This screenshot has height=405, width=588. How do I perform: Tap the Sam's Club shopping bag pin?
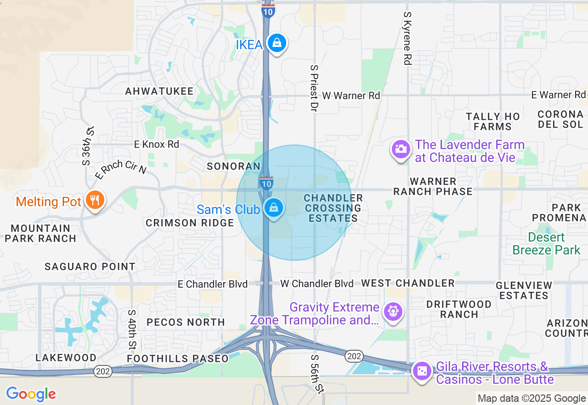point(274,208)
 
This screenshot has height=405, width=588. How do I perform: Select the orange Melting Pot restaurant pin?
point(95,200)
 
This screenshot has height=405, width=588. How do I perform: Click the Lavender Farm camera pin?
point(401,149)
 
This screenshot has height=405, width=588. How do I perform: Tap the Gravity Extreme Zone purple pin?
point(393,312)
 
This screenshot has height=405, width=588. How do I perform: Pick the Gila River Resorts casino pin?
point(422,371)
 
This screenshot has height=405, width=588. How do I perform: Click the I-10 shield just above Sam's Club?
point(266,182)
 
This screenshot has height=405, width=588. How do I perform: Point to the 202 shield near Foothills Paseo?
point(102,371)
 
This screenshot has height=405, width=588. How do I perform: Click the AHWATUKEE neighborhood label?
point(159,91)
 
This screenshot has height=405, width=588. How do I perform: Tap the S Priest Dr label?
point(314,88)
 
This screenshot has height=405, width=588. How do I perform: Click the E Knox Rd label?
point(157,145)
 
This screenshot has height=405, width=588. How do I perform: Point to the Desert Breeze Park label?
point(547,244)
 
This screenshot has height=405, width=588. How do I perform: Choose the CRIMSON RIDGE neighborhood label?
point(190,223)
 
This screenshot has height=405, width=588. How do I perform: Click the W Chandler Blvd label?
point(317,283)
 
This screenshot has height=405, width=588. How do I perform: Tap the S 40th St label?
point(132,329)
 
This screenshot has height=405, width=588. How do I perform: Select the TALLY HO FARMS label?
point(493,121)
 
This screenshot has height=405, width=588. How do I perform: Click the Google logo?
point(31,394)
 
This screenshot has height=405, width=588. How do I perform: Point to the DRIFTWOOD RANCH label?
point(459,309)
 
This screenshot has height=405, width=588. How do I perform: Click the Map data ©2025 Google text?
point(531,399)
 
